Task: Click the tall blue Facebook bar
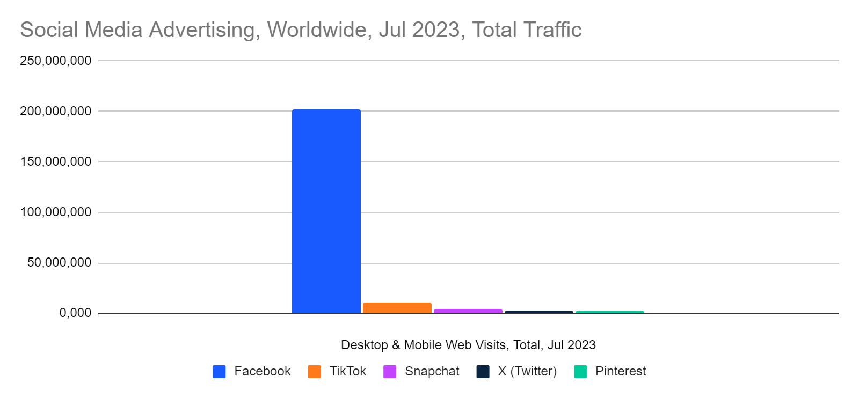tap(326, 211)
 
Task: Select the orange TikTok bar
tap(397, 308)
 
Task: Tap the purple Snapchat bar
tap(468, 311)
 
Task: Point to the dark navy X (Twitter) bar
tap(538, 312)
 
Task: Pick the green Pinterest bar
tap(609, 312)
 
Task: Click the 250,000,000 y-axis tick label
tap(55, 61)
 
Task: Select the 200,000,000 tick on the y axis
tap(55, 111)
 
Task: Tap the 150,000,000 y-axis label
tap(55, 161)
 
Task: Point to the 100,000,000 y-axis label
tap(55, 212)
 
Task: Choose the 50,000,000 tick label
tap(59, 262)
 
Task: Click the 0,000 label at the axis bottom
tap(75, 313)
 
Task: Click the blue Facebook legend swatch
tap(219, 372)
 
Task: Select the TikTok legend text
tap(347, 371)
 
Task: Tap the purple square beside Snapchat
tap(390, 372)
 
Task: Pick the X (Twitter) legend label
tap(527, 371)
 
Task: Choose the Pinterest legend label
tap(620, 371)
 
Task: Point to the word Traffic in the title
tap(554, 30)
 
